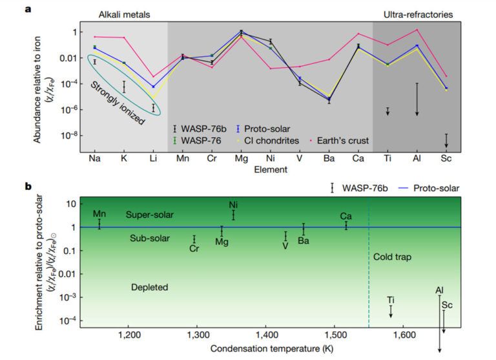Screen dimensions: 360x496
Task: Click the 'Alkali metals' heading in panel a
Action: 125,13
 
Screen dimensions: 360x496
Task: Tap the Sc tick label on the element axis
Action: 446,157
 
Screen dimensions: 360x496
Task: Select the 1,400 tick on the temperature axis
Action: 266,336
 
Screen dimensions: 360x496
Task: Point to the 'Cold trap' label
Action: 392,257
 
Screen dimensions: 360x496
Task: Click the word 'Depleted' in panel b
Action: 149,287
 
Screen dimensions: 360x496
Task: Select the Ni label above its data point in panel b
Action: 234,206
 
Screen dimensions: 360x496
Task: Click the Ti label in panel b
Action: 391,300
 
